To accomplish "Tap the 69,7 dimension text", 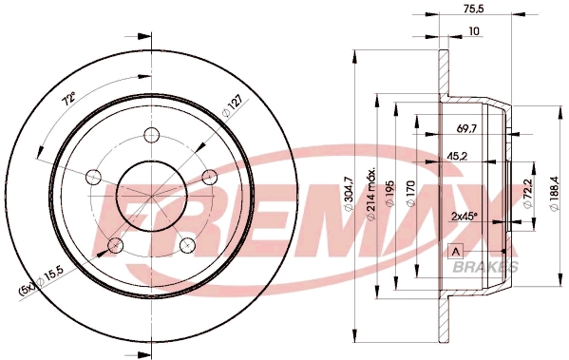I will [467, 126].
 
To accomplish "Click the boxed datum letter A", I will [454, 251].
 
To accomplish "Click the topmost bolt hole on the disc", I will [150, 135].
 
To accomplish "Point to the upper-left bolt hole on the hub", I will [93, 177].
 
